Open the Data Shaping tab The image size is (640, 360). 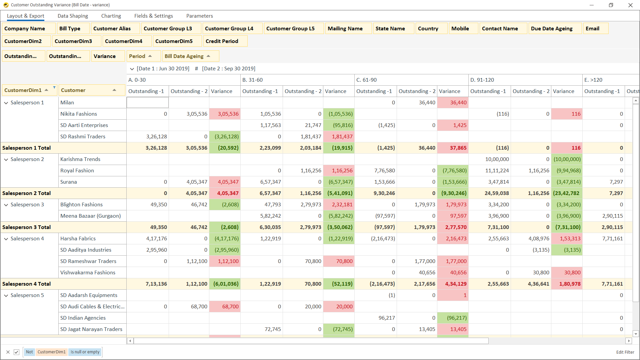[73, 16]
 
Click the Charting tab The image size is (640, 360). [111, 16]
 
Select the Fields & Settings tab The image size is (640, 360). [153, 16]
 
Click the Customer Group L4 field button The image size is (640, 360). [229, 29]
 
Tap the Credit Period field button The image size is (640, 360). [222, 41]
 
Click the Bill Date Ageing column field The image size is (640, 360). [184, 56]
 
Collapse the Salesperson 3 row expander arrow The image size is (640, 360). [6, 205]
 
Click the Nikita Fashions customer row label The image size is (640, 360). [79, 114]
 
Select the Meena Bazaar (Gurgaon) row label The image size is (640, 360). [90, 216]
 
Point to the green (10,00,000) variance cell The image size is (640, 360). [567, 159]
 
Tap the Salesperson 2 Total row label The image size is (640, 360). [27, 193]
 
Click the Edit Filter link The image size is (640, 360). [625, 352]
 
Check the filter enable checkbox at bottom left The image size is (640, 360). [16, 352]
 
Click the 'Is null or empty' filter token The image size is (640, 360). [85, 352]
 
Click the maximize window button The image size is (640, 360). [611, 5]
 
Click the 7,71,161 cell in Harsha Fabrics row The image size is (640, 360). [612, 239]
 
